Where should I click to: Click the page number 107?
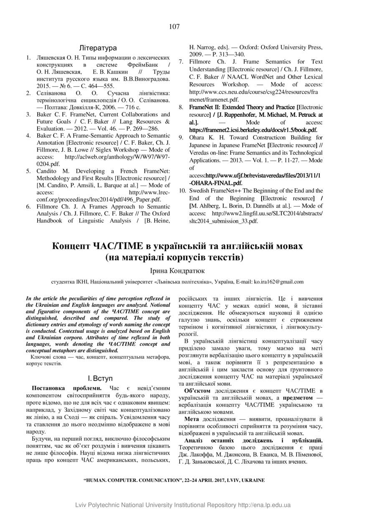175,27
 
